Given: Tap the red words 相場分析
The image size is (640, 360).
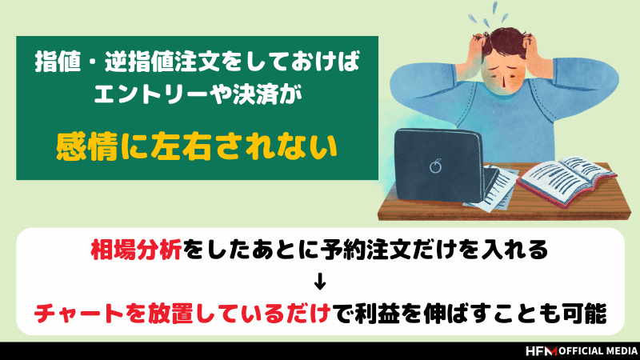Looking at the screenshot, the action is [x=136, y=250].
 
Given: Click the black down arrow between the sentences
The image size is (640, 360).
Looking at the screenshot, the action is [x=320, y=282].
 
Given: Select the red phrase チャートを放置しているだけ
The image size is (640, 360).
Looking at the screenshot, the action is [x=182, y=314].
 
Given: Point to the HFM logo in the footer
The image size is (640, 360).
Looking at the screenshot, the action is [x=541, y=351].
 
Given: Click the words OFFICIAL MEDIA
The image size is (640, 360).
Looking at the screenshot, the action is [x=598, y=351].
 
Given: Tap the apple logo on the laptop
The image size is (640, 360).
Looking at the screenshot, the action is [x=435, y=166].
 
